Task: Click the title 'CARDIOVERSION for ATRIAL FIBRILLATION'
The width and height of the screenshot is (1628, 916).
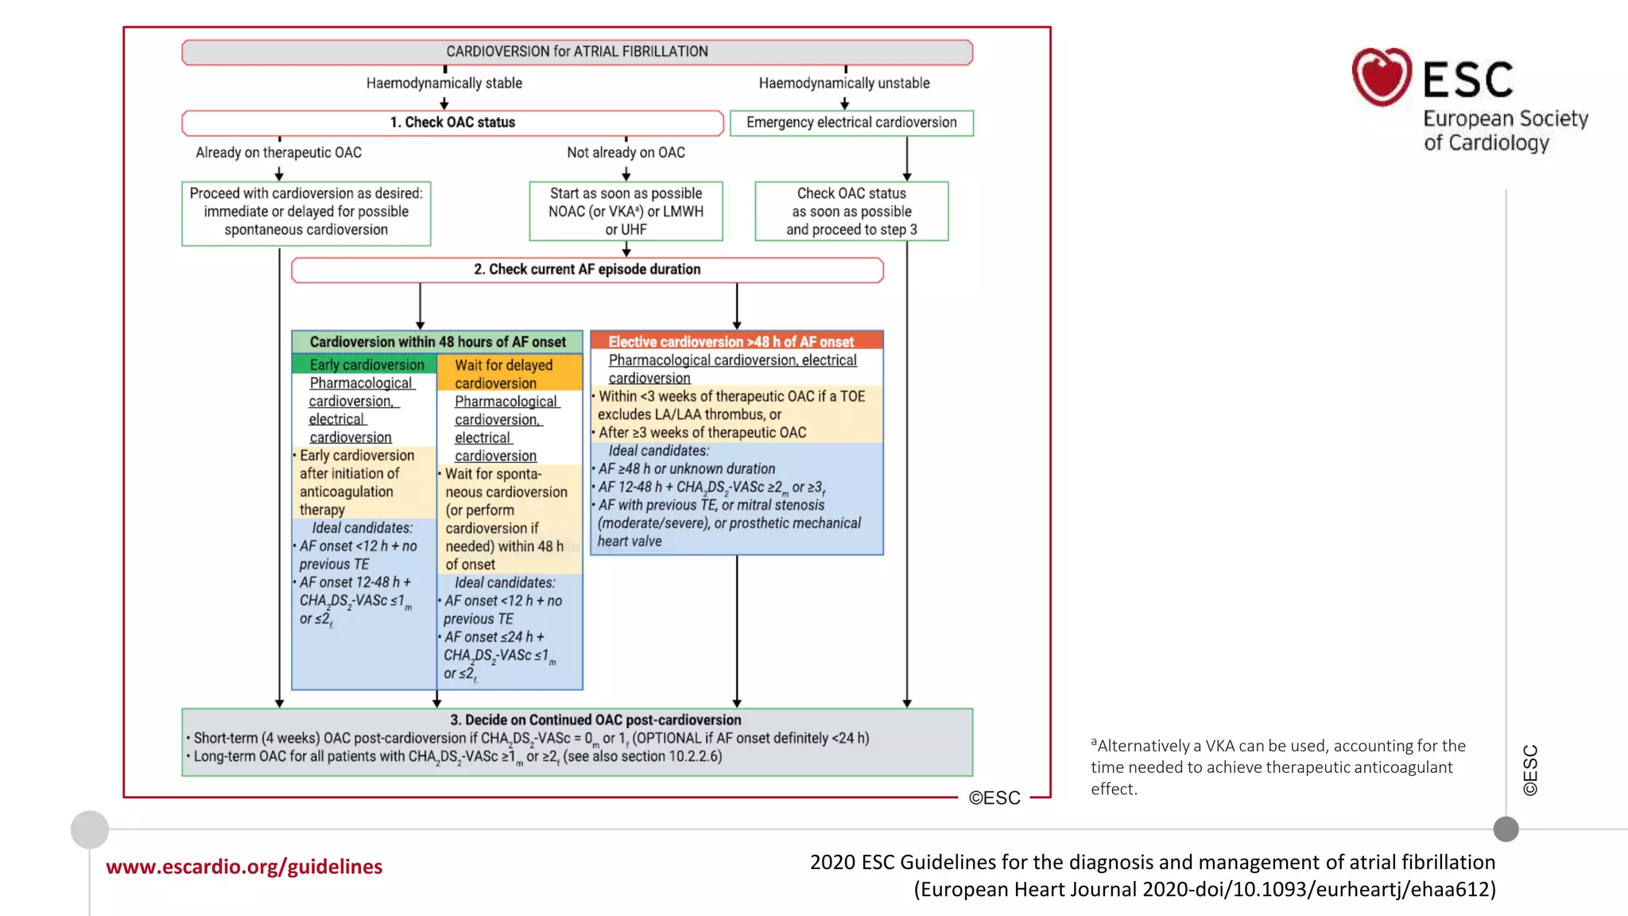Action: [576, 52]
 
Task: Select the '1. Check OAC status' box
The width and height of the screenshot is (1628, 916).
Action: [452, 122]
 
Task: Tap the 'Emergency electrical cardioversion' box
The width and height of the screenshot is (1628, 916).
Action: [851, 122]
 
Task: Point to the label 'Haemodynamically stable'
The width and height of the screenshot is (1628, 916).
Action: [444, 83]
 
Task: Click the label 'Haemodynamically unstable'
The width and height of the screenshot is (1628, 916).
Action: [843, 83]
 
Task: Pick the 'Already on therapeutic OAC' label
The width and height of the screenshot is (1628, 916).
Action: [278, 153]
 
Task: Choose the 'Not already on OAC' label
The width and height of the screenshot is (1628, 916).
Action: [626, 153]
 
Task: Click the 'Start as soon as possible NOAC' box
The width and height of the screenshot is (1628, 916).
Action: [626, 212]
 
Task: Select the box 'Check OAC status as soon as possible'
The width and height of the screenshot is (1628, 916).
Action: [851, 212]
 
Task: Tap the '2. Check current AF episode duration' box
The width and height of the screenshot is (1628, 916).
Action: [587, 270]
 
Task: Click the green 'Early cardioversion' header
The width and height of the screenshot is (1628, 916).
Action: [366, 365]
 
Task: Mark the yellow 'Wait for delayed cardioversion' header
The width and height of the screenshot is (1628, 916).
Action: [509, 374]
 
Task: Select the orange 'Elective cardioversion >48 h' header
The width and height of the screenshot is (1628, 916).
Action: [736, 341]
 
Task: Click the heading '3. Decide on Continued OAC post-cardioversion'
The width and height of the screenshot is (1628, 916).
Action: [595, 720]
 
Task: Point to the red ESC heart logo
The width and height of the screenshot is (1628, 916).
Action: [1382, 77]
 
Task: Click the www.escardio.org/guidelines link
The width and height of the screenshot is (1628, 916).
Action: [244, 867]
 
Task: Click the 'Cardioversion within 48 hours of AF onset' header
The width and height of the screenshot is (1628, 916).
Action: [437, 342]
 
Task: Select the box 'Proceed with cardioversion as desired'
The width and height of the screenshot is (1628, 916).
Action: [306, 212]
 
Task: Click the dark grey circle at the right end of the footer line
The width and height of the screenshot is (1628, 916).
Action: [1506, 829]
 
